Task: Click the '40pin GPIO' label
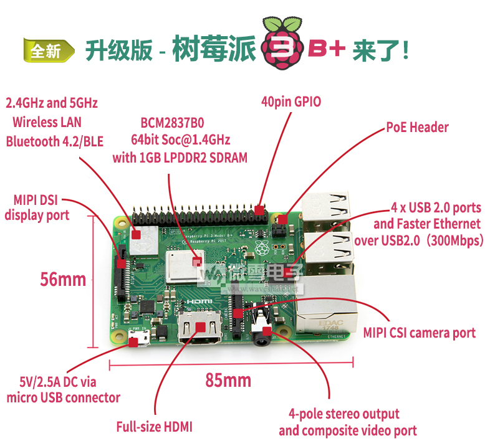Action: pos(291,102)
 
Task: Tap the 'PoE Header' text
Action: pos(417,127)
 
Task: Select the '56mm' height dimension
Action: pos(63,279)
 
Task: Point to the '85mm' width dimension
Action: pos(228,380)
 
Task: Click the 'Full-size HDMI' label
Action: pos(155,427)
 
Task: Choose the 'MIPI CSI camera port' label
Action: pos(419,333)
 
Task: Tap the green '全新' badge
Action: pos(49,50)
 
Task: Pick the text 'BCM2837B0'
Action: pos(172,123)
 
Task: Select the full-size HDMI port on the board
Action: pos(200,327)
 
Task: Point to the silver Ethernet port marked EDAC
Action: pos(326,306)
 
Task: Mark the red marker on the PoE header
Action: pos(282,220)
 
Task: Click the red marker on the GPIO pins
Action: pos(259,211)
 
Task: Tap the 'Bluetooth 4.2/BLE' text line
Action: pos(54,141)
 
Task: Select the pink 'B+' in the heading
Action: pos(326,49)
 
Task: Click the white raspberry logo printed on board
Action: pos(262,248)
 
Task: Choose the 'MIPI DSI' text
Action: pos(36,200)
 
